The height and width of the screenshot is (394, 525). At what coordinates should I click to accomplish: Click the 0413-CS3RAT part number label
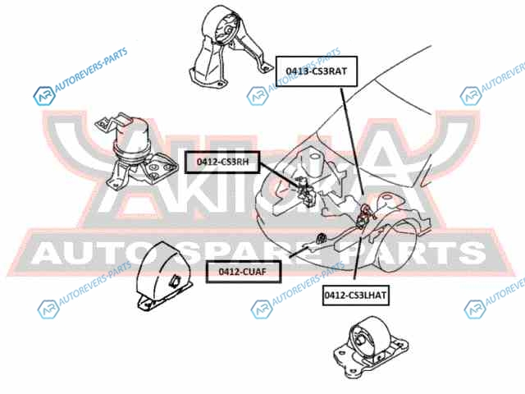coord(317,71)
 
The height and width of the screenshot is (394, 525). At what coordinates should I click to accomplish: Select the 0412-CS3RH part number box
coord(222,163)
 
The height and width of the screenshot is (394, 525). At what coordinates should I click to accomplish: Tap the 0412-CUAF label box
coord(243,272)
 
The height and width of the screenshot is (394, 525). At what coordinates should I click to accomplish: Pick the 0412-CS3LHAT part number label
coord(355,295)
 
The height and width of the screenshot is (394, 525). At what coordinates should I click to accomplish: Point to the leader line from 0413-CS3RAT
coord(352,141)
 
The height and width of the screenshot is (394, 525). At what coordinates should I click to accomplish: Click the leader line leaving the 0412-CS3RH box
coord(279,174)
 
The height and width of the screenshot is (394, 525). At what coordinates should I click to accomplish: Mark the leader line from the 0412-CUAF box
coord(299,252)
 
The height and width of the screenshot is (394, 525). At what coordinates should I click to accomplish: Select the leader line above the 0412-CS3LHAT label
coord(357,255)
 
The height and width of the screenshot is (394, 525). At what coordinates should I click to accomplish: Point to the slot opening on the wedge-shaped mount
coord(175,280)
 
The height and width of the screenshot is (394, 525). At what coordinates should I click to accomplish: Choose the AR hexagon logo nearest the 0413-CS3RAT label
coord(258,96)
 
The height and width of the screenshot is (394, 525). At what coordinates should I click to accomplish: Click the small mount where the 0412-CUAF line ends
coord(321,238)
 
